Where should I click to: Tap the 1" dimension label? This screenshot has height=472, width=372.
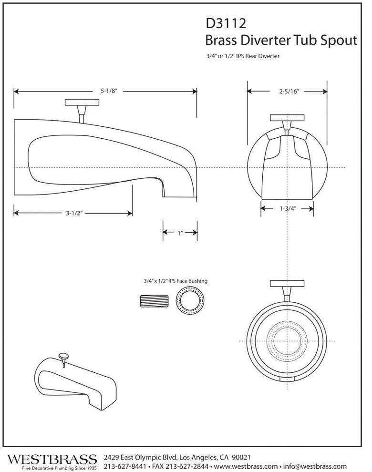click(180, 233)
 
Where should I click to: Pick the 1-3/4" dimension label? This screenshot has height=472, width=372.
click(287, 208)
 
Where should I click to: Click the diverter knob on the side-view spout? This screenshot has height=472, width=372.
click(82, 103)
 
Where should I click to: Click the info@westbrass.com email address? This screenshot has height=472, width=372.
click(317, 466)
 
